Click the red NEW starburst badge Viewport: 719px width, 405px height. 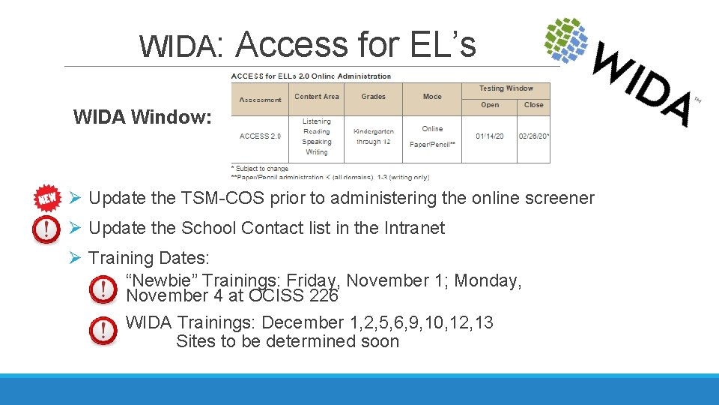point(48,197)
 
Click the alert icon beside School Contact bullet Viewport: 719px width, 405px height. point(46,228)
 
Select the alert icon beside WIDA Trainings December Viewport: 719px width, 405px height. point(103,330)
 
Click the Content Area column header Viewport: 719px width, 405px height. point(317,97)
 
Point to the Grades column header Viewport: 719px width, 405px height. point(373,97)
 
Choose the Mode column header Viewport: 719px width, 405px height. point(432,97)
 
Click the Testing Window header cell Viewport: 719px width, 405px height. point(506,88)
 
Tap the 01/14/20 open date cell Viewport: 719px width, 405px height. point(490,136)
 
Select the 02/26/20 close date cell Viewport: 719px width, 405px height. point(534,136)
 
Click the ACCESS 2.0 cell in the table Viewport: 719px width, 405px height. point(260,136)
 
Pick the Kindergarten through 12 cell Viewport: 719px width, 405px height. point(373,136)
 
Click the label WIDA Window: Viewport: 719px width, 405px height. point(142,117)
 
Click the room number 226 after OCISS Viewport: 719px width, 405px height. point(324,295)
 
